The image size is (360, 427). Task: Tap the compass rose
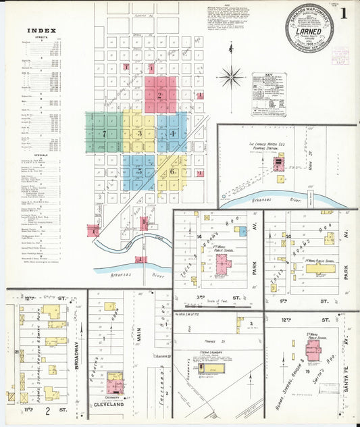(231, 76)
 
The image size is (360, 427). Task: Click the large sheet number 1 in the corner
(344, 12)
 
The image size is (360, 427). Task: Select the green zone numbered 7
(104, 132)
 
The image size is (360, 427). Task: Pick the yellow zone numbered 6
(173, 172)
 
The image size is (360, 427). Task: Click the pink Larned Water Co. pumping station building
(279, 163)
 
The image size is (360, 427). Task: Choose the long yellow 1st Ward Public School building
(320, 268)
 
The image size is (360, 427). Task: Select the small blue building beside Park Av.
(243, 230)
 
